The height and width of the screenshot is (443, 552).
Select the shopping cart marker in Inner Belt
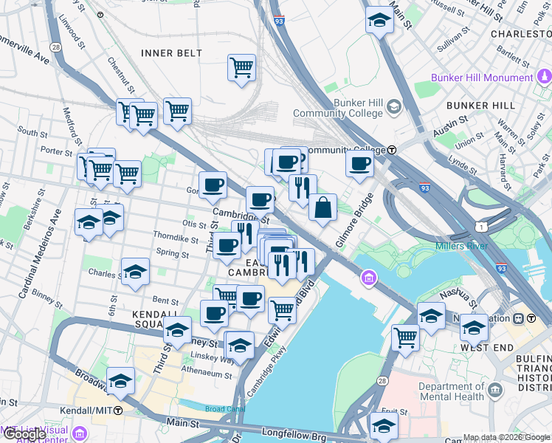[241, 68]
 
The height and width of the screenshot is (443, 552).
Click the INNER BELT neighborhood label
[172, 53]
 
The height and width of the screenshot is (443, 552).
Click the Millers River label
[460, 245]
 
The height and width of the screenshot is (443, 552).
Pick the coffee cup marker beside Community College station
[359, 164]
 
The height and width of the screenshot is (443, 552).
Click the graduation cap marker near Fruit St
[383, 425]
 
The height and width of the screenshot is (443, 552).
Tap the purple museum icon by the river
[367, 278]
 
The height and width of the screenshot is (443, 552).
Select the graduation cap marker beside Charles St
[135, 272]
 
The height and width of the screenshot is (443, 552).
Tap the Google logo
[24, 434]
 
